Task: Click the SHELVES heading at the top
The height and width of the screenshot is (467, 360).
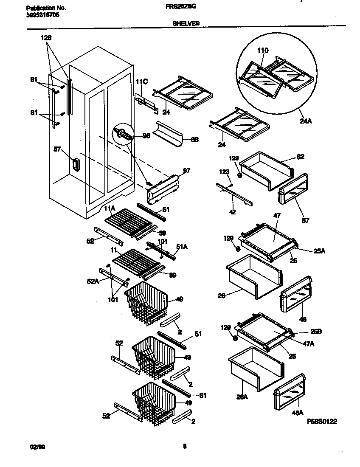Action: point(186,24)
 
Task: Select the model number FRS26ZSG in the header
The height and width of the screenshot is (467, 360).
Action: point(185,7)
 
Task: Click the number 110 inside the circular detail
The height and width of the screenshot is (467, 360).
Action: point(263,51)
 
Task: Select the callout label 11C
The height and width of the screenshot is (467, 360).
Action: point(141,81)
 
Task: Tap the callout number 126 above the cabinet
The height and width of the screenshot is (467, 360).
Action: point(46,38)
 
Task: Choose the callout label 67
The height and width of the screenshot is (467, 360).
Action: point(305,220)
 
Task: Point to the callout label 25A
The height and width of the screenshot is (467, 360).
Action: point(320,251)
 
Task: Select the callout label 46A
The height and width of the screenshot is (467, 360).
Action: point(298,412)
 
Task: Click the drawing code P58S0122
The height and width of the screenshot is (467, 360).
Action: point(322,422)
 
